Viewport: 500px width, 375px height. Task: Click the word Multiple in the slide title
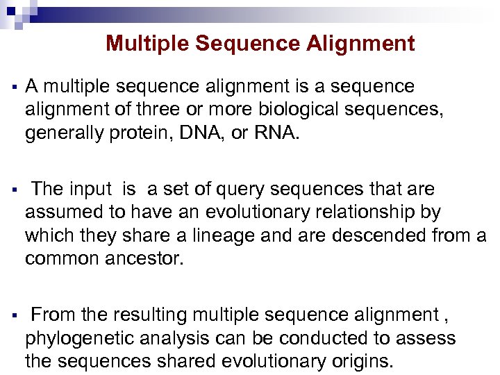[x=147, y=44]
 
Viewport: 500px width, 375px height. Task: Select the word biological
[x=301, y=110]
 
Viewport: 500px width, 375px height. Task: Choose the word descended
[x=385, y=235]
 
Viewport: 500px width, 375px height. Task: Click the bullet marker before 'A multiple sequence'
[x=13, y=87]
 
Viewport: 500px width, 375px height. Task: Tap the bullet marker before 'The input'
[x=13, y=190]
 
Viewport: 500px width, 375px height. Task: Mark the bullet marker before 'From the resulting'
[x=13, y=316]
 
